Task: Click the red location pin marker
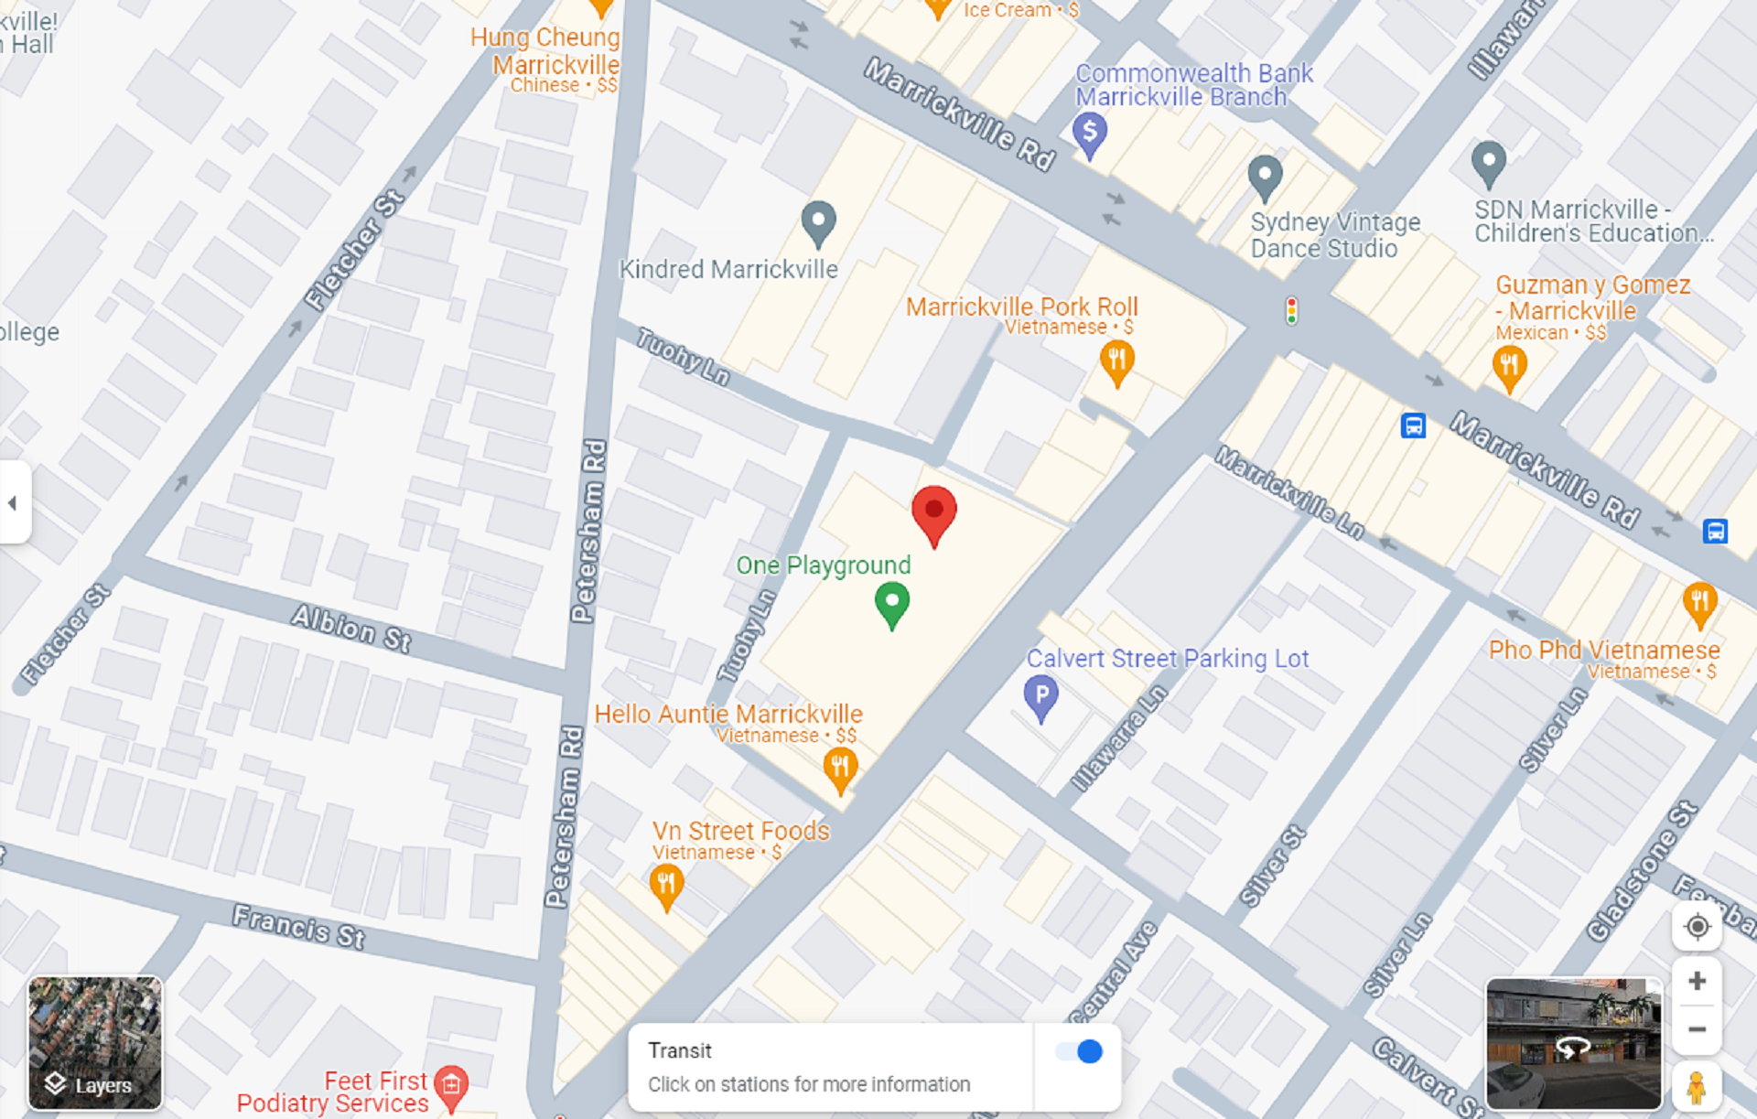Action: tap(933, 512)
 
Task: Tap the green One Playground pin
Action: tap(891, 604)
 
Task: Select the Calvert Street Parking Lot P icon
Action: tap(1040, 696)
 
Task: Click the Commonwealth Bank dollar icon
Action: tap(1089, 134)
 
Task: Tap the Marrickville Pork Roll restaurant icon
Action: tap(1116, 360)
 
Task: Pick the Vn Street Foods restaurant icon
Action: tap(666, 885)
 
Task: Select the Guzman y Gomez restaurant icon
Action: tap(1509, 367)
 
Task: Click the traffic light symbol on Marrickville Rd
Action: tap(1291, 311)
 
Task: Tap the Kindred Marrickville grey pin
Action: tap(818, 221)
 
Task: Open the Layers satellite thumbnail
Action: tap(95, 1042)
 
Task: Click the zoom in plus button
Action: tap(1697, 981)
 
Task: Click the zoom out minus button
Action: tap(1697, 1029)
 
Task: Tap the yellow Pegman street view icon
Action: tap(1696, 1088)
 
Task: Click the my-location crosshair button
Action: tap(1697, 927)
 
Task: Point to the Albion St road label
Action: tap(351, 628)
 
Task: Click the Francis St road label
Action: tap(298, 927)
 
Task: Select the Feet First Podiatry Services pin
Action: tap(451, 1085)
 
